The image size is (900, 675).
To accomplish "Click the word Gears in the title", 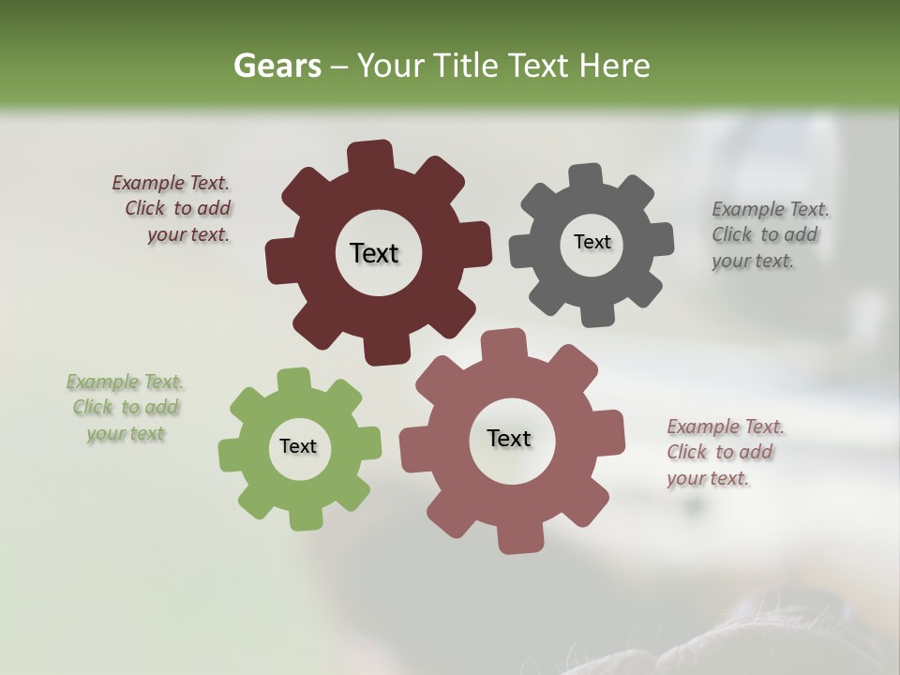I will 277,66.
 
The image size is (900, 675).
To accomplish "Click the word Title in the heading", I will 469,66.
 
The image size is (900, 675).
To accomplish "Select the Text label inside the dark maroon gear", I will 374,253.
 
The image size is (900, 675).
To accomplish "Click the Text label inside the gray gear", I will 592,242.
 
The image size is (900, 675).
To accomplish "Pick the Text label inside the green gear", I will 298,447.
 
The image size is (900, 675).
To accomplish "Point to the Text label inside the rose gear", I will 509,438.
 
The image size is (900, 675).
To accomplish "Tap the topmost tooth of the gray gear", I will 585,174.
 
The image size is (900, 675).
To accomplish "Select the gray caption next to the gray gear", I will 769,235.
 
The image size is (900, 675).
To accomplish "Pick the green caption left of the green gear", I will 125,408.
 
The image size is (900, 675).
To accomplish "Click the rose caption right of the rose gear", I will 724,453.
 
